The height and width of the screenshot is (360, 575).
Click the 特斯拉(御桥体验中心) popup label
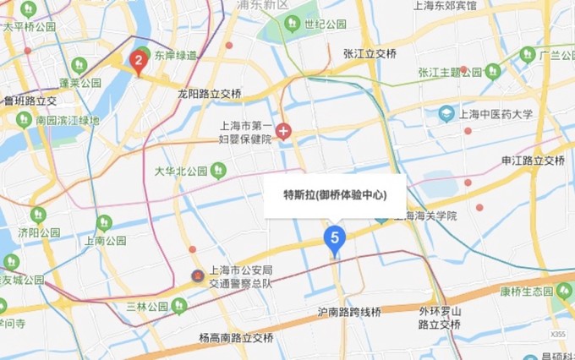click(335, 195)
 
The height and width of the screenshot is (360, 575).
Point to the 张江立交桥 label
click(370, 53)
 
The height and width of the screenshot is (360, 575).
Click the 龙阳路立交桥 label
click(210, 93)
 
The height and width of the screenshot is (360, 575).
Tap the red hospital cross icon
click(283, 131)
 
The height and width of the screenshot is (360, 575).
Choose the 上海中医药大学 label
click(497, 113)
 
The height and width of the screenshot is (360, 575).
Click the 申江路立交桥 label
click(533, 161)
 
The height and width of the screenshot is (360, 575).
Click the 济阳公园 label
click(40, 232)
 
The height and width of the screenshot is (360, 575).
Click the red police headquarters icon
click(197, 277)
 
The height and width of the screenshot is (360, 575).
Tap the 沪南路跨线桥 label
click(348, 312)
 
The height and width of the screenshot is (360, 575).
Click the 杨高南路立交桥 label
click(237, 338)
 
